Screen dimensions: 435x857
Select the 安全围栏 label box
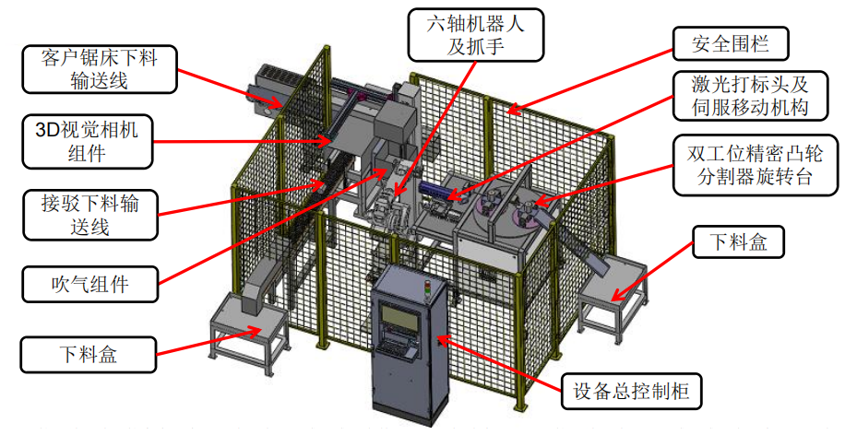731,42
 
